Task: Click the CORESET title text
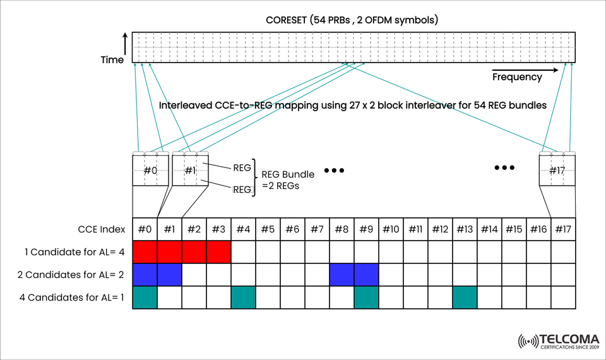pyautogui.click(x=352, y=20)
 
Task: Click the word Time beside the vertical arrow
pyautogui.click(x=112, y=60)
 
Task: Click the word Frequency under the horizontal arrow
pyautogui.click(x=517, y=77)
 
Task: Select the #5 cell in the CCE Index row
pyautogui.click(x=268, y=229)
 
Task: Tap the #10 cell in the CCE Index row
pyautogui.click(x=391, y=229)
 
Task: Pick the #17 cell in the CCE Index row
pyautogui.click(x=563, y=229)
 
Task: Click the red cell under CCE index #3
pyautogui.click(x=218, y=252)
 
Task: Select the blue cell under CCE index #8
pyautogui.click(x=342, y=275)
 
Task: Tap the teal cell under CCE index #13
pyautogui.click(x=465, y=297)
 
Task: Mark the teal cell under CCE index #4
pyautogui.click(x=243, y=297)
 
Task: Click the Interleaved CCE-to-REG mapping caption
pyautogui.click(x=352, y=105)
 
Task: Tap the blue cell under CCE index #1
pyautogui.click(x=169, y=275)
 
